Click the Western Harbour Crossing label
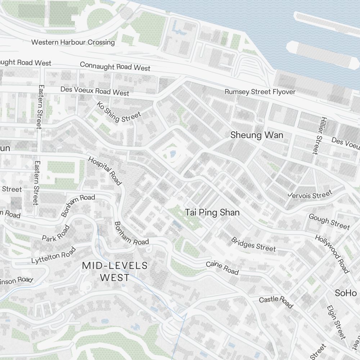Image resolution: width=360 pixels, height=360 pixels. click(x=73, y=42)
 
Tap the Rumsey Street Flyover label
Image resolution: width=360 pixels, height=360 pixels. click(x=260, y=92)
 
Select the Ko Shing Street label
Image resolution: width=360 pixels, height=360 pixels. click(x=118, y=112)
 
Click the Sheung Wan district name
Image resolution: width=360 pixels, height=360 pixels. click(x=257, y=135)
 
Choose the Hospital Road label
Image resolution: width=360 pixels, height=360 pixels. click(x=105, y=171)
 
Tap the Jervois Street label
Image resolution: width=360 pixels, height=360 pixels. click(x=310, y=195)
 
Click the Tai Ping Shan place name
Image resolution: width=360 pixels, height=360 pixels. click(x=212, y=212)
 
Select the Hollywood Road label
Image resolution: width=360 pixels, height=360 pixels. click(x=332, y=254)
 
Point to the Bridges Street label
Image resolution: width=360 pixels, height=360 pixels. click(x=253, y=244)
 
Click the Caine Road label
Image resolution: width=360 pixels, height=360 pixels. click(x=222, y=268)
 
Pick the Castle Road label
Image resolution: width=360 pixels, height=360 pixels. click(x=276, y=302)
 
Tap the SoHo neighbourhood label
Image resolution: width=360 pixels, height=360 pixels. click(x=346, y=293)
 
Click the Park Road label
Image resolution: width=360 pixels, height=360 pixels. click(x=56, y=233)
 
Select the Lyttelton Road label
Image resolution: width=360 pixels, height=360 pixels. click(x=54, y=255)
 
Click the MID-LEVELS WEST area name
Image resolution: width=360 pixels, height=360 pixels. click(x=115, y=271)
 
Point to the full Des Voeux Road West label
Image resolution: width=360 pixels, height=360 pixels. click(x=95, y=91)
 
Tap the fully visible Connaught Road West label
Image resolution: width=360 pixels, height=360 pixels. click(x=115, y=66)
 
